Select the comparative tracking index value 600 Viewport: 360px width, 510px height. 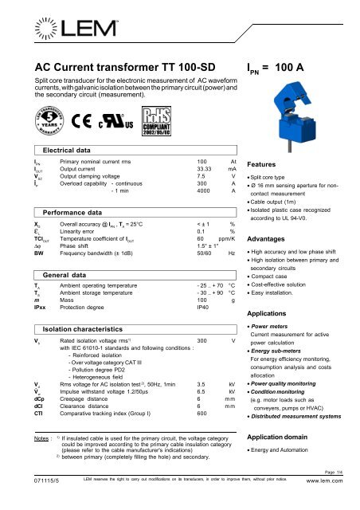(202, 414)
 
